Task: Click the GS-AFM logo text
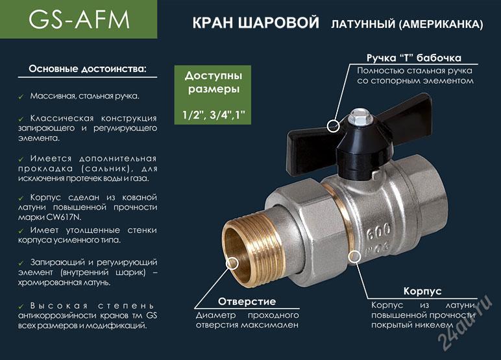[x=79, y=20]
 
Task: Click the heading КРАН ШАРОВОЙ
[x=256, y=23]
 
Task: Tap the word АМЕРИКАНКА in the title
[x=441, y=24]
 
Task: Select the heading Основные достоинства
[x=88, y=69]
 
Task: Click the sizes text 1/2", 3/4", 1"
[x=214, y=114]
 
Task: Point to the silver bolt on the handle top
[x=355, y=117]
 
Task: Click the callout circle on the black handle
[x=334, y=126]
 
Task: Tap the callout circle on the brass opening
[x=232, y=264]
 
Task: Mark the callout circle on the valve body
[x=354, y=256]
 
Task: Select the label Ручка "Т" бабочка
[x=414, y=58]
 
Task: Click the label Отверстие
[x=247, y=301]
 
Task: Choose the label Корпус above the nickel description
[x=422, y=291]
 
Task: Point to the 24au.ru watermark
[x=464, y=322]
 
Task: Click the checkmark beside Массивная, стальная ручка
[x=21, y=97]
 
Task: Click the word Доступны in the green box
[x=214, y=76]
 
